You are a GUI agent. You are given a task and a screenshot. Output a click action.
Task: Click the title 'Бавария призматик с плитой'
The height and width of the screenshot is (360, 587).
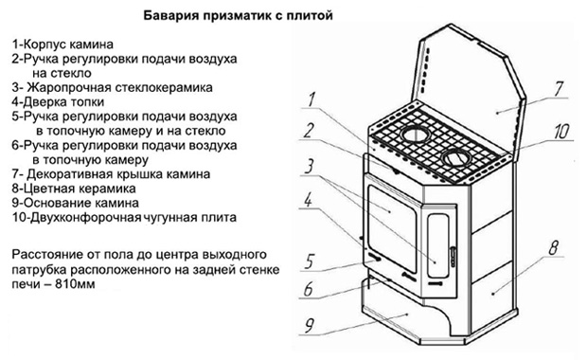238,16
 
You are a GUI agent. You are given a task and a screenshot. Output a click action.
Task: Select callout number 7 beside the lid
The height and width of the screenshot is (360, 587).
559,89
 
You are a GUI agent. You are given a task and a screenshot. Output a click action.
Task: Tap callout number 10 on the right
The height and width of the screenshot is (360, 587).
561,131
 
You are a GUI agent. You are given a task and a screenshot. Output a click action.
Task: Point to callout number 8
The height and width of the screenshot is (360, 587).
554,247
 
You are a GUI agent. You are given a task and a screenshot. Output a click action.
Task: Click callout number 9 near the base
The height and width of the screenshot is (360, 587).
310,325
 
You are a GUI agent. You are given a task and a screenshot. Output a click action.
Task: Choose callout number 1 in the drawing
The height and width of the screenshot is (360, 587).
311,99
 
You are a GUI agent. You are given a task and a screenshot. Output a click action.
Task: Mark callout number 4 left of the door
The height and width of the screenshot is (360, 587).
308,200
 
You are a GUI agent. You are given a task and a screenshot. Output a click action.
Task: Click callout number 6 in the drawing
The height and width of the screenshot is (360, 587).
308,289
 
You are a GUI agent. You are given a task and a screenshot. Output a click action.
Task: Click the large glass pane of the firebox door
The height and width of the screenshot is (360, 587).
392,227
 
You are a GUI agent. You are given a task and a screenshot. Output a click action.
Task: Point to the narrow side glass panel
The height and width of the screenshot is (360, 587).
438,245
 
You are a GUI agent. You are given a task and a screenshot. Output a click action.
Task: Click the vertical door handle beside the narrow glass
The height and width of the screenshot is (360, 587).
454,256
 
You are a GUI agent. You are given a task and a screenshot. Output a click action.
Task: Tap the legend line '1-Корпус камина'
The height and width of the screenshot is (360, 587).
62,45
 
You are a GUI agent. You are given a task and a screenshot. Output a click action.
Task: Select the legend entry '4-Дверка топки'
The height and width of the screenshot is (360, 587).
58,102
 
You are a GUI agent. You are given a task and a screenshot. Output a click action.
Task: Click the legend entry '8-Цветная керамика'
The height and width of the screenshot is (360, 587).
74,189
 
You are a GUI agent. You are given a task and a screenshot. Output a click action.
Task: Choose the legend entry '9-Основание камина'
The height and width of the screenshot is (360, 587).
75,203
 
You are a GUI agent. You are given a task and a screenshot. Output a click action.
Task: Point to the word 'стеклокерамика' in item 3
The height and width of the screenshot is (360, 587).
164,88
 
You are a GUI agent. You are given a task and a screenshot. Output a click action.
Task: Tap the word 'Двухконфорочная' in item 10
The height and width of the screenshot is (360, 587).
86,217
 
